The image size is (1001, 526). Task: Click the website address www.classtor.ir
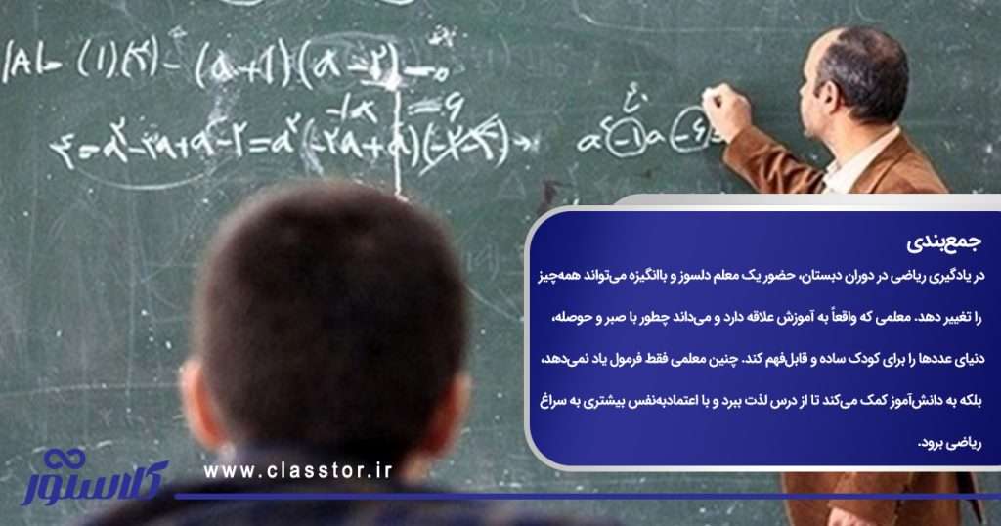click(x=298, y=471)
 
